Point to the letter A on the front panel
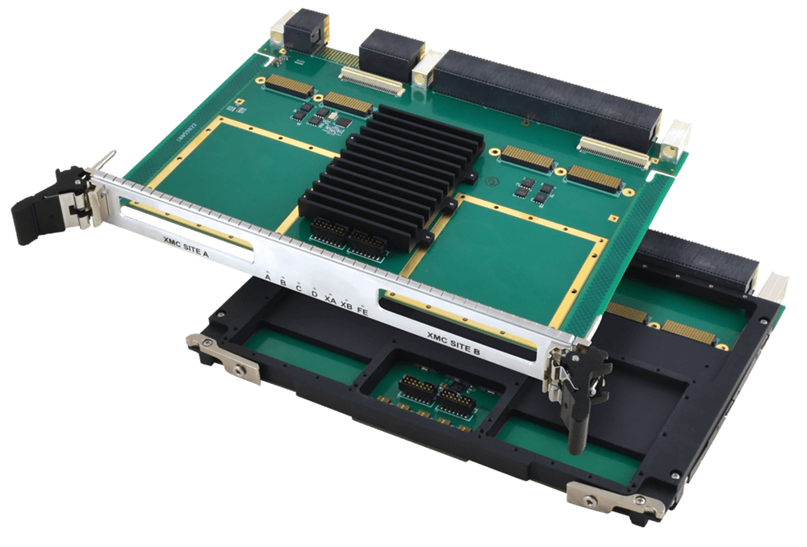[267, 277]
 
